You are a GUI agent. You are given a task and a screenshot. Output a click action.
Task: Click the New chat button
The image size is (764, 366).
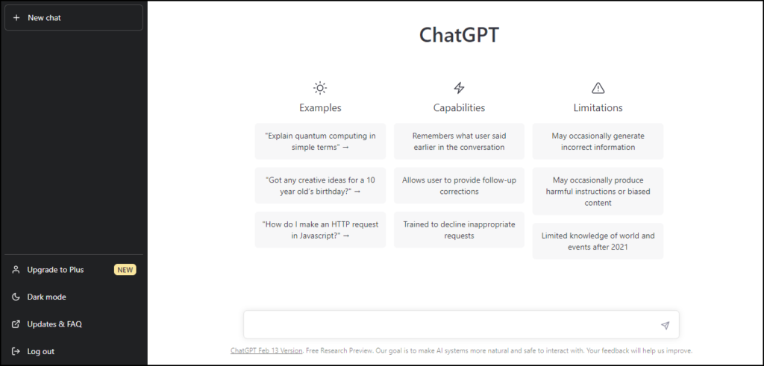click(74, 18)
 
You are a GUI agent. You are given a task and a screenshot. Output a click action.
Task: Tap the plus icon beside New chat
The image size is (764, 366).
click(16, 18)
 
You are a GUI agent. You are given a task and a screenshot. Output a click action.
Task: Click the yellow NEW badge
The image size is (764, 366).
click(125, 270)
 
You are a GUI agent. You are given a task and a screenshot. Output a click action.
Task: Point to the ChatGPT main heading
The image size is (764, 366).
click(459, 35)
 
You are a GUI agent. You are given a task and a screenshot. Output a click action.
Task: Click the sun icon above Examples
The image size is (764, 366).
click(320, 88)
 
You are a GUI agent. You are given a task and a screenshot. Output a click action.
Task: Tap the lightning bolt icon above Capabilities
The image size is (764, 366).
click(459, 88)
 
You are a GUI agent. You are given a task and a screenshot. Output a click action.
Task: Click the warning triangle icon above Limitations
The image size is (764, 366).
click(598, 88)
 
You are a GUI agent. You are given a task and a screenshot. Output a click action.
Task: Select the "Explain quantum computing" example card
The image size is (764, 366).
click(320, 141)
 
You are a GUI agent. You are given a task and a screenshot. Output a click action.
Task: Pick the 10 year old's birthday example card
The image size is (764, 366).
click(320, 186)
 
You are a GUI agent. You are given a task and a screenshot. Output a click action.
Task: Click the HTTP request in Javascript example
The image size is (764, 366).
click(320, 230)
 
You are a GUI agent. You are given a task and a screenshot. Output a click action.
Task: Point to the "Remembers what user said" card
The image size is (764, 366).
click(459, 141)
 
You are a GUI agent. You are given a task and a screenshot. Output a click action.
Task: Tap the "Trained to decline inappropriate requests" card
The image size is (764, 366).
click(459, 230)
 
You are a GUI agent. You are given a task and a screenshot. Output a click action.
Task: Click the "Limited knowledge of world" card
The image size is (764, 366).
click(598, 241)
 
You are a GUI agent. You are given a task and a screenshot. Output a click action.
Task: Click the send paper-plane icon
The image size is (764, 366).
click(665, 326)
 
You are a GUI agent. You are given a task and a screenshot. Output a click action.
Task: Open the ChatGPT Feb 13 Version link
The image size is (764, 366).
click(266, 350)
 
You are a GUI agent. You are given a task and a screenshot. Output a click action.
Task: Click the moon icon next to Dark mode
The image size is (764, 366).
click(16, 297)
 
